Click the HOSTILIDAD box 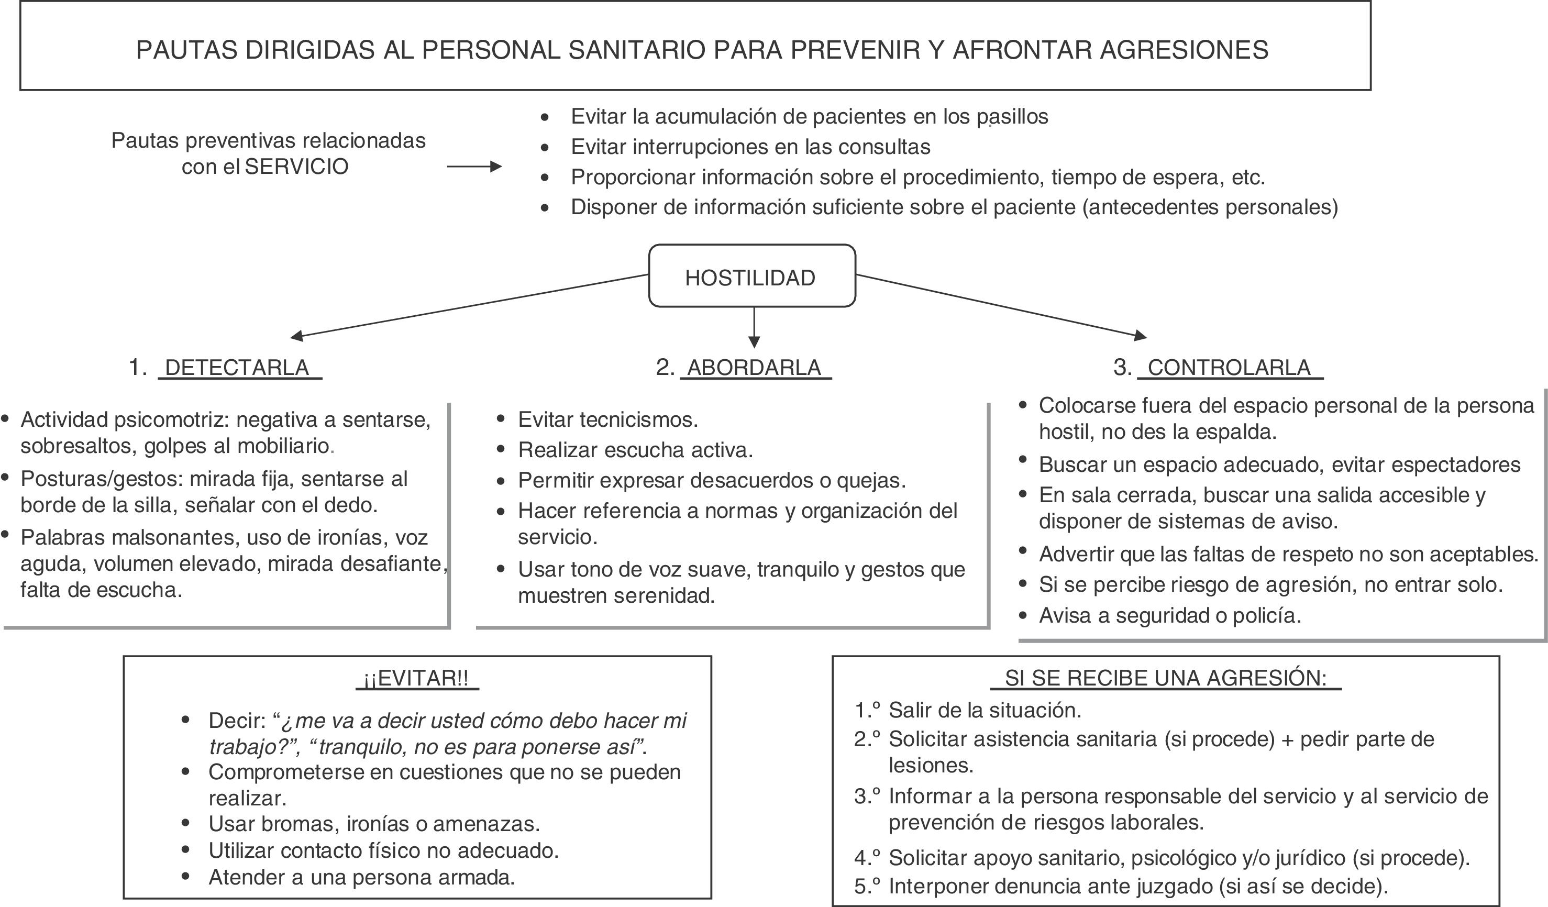pos(751,276)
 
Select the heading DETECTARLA pos(237,367)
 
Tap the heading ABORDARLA pos(754,367)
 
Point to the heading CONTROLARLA pos(1229,367)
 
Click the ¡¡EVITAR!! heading pos(416,679)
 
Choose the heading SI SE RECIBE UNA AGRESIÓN pos(1165,678)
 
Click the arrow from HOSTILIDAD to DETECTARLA pos(467,306)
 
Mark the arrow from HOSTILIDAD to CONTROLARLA pos(1001,305)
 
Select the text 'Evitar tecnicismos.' pos(607,419)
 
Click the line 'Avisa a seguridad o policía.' pos(1169,615)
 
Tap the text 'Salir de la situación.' pos(985,711)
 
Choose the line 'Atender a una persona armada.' pos(361,878)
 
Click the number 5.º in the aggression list pos(867,886)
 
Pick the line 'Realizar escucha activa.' pos(635,450)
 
